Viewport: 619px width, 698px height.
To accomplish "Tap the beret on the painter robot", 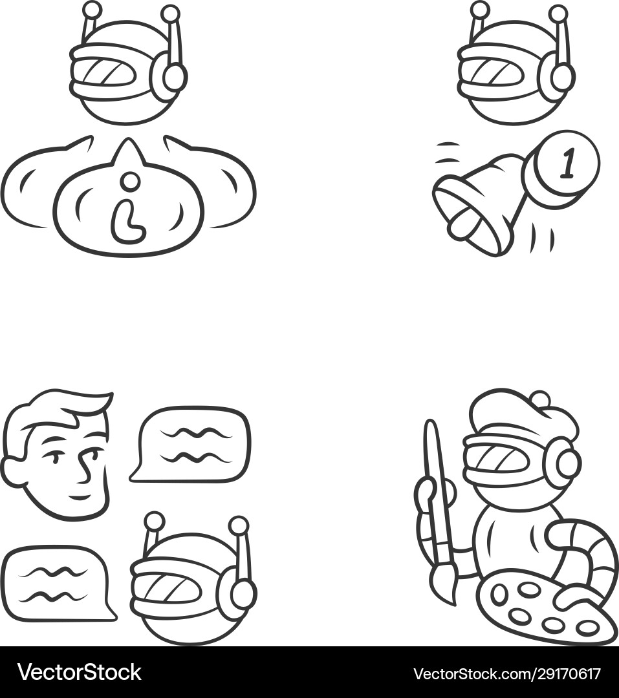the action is (x=524, y=414).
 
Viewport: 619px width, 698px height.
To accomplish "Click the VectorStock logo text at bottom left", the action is (x=79, y=672).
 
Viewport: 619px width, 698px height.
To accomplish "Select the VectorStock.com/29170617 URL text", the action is (x=506, y=673).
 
